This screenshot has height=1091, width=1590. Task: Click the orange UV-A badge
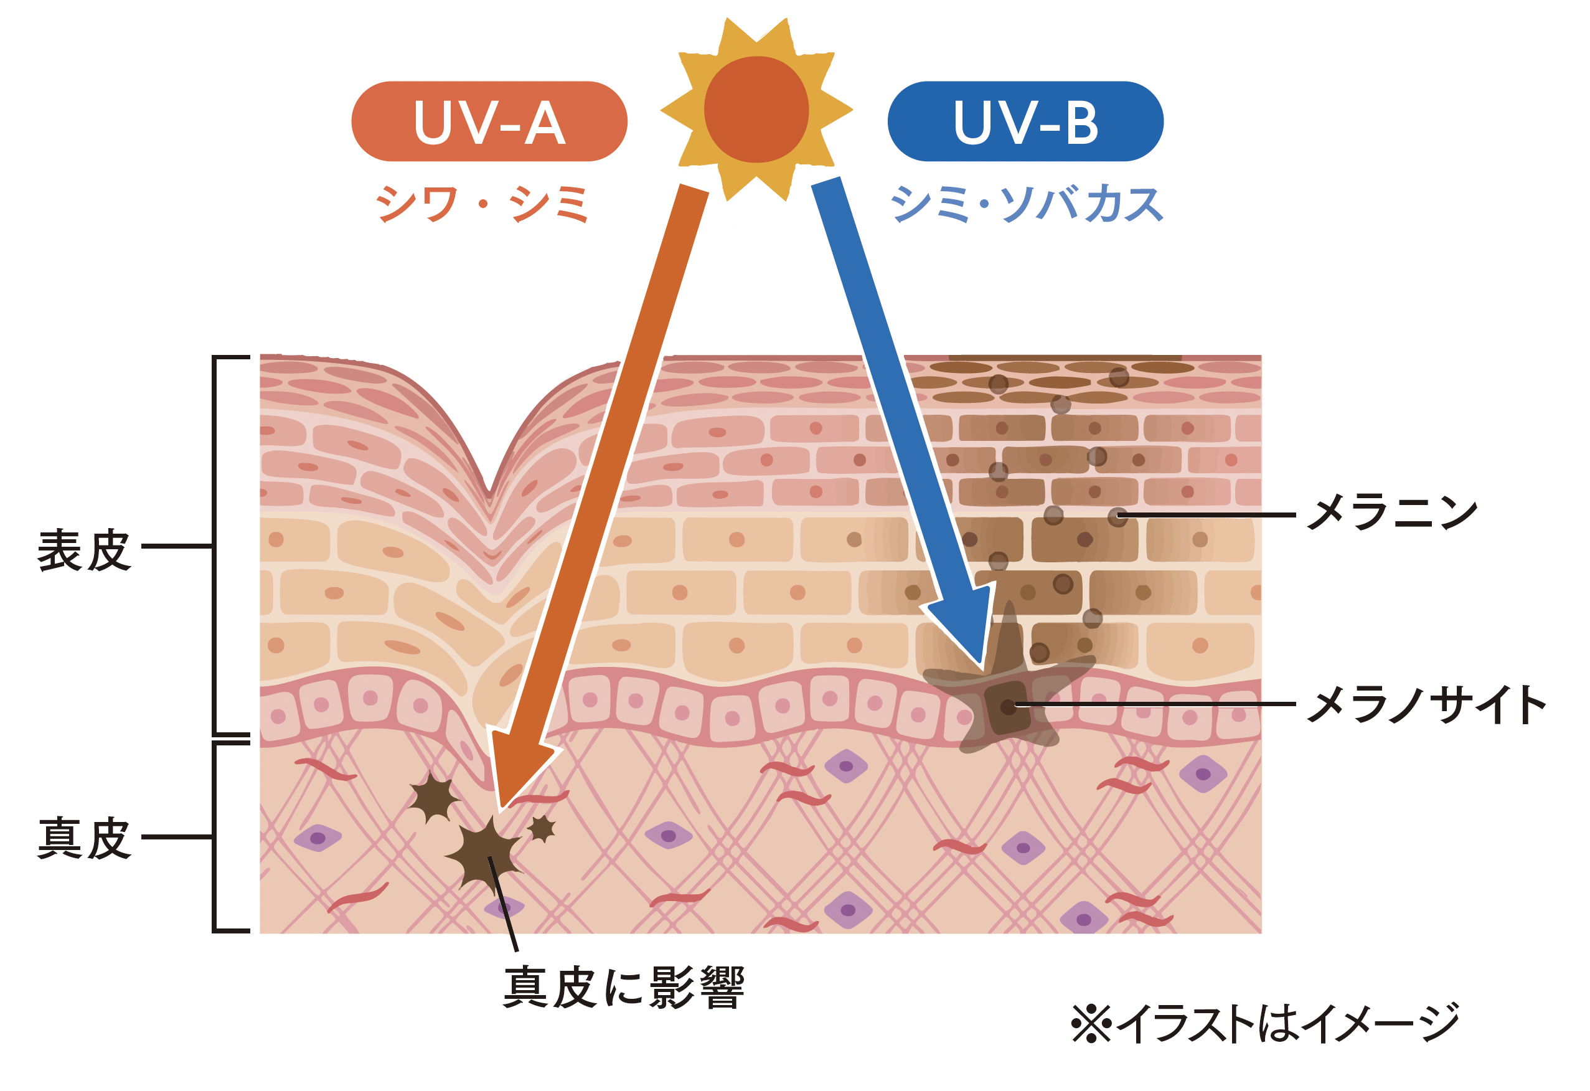(489, 121)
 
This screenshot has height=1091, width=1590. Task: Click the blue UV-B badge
(1025, 121)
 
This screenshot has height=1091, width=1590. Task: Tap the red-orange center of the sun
(756, 110)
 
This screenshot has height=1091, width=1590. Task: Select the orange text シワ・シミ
(482, 204)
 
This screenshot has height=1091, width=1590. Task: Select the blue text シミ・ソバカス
(1026, 204)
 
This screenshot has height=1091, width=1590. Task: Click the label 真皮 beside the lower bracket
(83, 838)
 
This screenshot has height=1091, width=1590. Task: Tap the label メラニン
(1391, 513)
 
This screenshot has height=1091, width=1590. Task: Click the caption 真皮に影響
(623, 988)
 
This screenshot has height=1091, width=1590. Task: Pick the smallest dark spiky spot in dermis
(542, 828)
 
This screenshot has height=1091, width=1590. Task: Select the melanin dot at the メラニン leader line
(1117, 517)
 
